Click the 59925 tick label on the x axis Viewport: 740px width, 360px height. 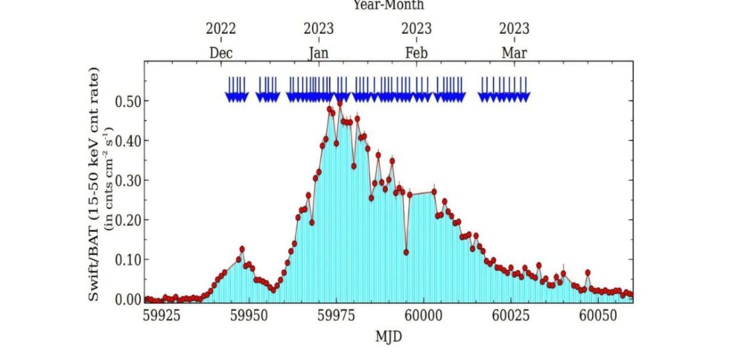point(162,316)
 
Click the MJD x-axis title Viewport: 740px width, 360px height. point(388,336)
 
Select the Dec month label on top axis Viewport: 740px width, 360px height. point(221,53)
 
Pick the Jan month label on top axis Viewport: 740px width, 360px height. point(319,53)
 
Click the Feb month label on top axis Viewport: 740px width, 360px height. point(417,53)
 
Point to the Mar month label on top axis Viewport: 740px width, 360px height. point(514,53)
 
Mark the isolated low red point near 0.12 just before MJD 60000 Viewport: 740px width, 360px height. point(406,253)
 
